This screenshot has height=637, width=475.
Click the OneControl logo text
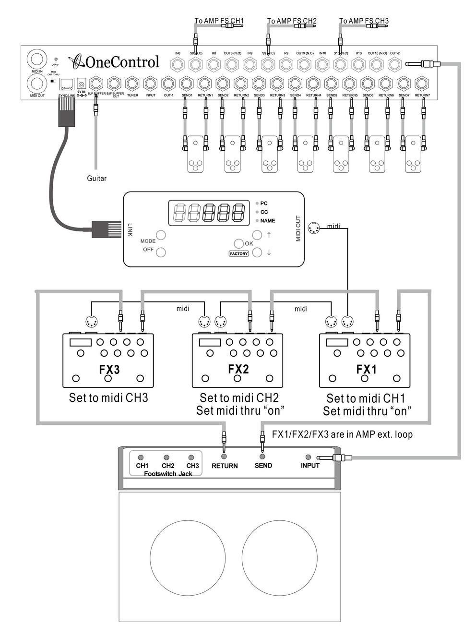coord(122,62)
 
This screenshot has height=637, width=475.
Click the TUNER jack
coord(132,84)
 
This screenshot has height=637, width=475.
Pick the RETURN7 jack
coord(422,84)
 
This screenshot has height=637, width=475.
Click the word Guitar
coord(96,179)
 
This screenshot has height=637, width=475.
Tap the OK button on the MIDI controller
coord(239,243)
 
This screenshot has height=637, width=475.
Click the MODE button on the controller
coord(161,235)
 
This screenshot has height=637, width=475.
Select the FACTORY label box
coord(238,253)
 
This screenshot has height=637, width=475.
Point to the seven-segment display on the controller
coord(208,213)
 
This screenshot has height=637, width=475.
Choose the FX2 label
coord(238,369)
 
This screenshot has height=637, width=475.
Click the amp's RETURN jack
coord(224,457)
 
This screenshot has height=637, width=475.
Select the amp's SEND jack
coord(262,457)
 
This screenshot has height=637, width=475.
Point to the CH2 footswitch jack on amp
coord(166,458)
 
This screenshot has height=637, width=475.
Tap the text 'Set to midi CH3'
coord(108,398)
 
